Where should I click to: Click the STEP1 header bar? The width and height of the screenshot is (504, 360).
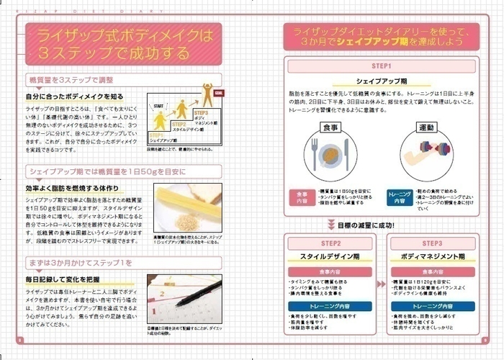click(x=384, y=66)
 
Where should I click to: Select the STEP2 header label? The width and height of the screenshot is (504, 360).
click(x=330, y=243)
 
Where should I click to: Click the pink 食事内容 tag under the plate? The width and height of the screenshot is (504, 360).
click(x=300, y=197)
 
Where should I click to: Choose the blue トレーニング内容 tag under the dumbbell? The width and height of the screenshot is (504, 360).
click(x=399, y=197)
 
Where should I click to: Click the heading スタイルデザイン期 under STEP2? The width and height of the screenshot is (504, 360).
click(x=330, y=256)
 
